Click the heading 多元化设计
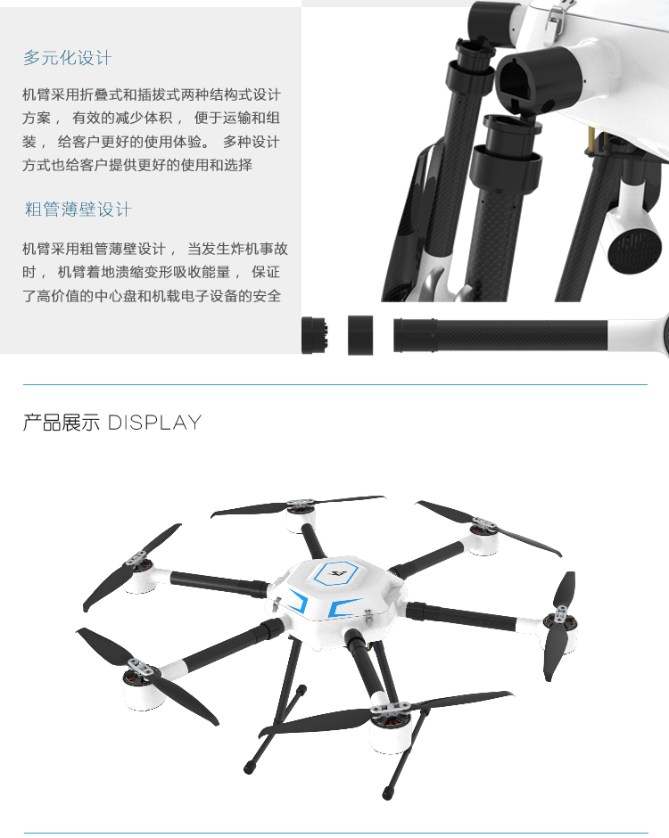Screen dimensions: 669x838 [68, 58]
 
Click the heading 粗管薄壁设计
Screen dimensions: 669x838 [78, 209]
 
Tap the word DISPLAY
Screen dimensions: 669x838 [154, 423]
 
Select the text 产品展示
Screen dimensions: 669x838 [61, 423]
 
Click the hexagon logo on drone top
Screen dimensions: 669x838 [334, 573]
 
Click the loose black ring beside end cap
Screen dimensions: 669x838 [360, 335]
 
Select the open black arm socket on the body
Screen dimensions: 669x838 [535, 80]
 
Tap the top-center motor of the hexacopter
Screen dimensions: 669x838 [301, 516]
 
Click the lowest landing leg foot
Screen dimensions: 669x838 [387, 793]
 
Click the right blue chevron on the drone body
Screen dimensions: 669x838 [343, 606]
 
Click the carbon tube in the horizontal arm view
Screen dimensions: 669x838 [522, 335]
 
